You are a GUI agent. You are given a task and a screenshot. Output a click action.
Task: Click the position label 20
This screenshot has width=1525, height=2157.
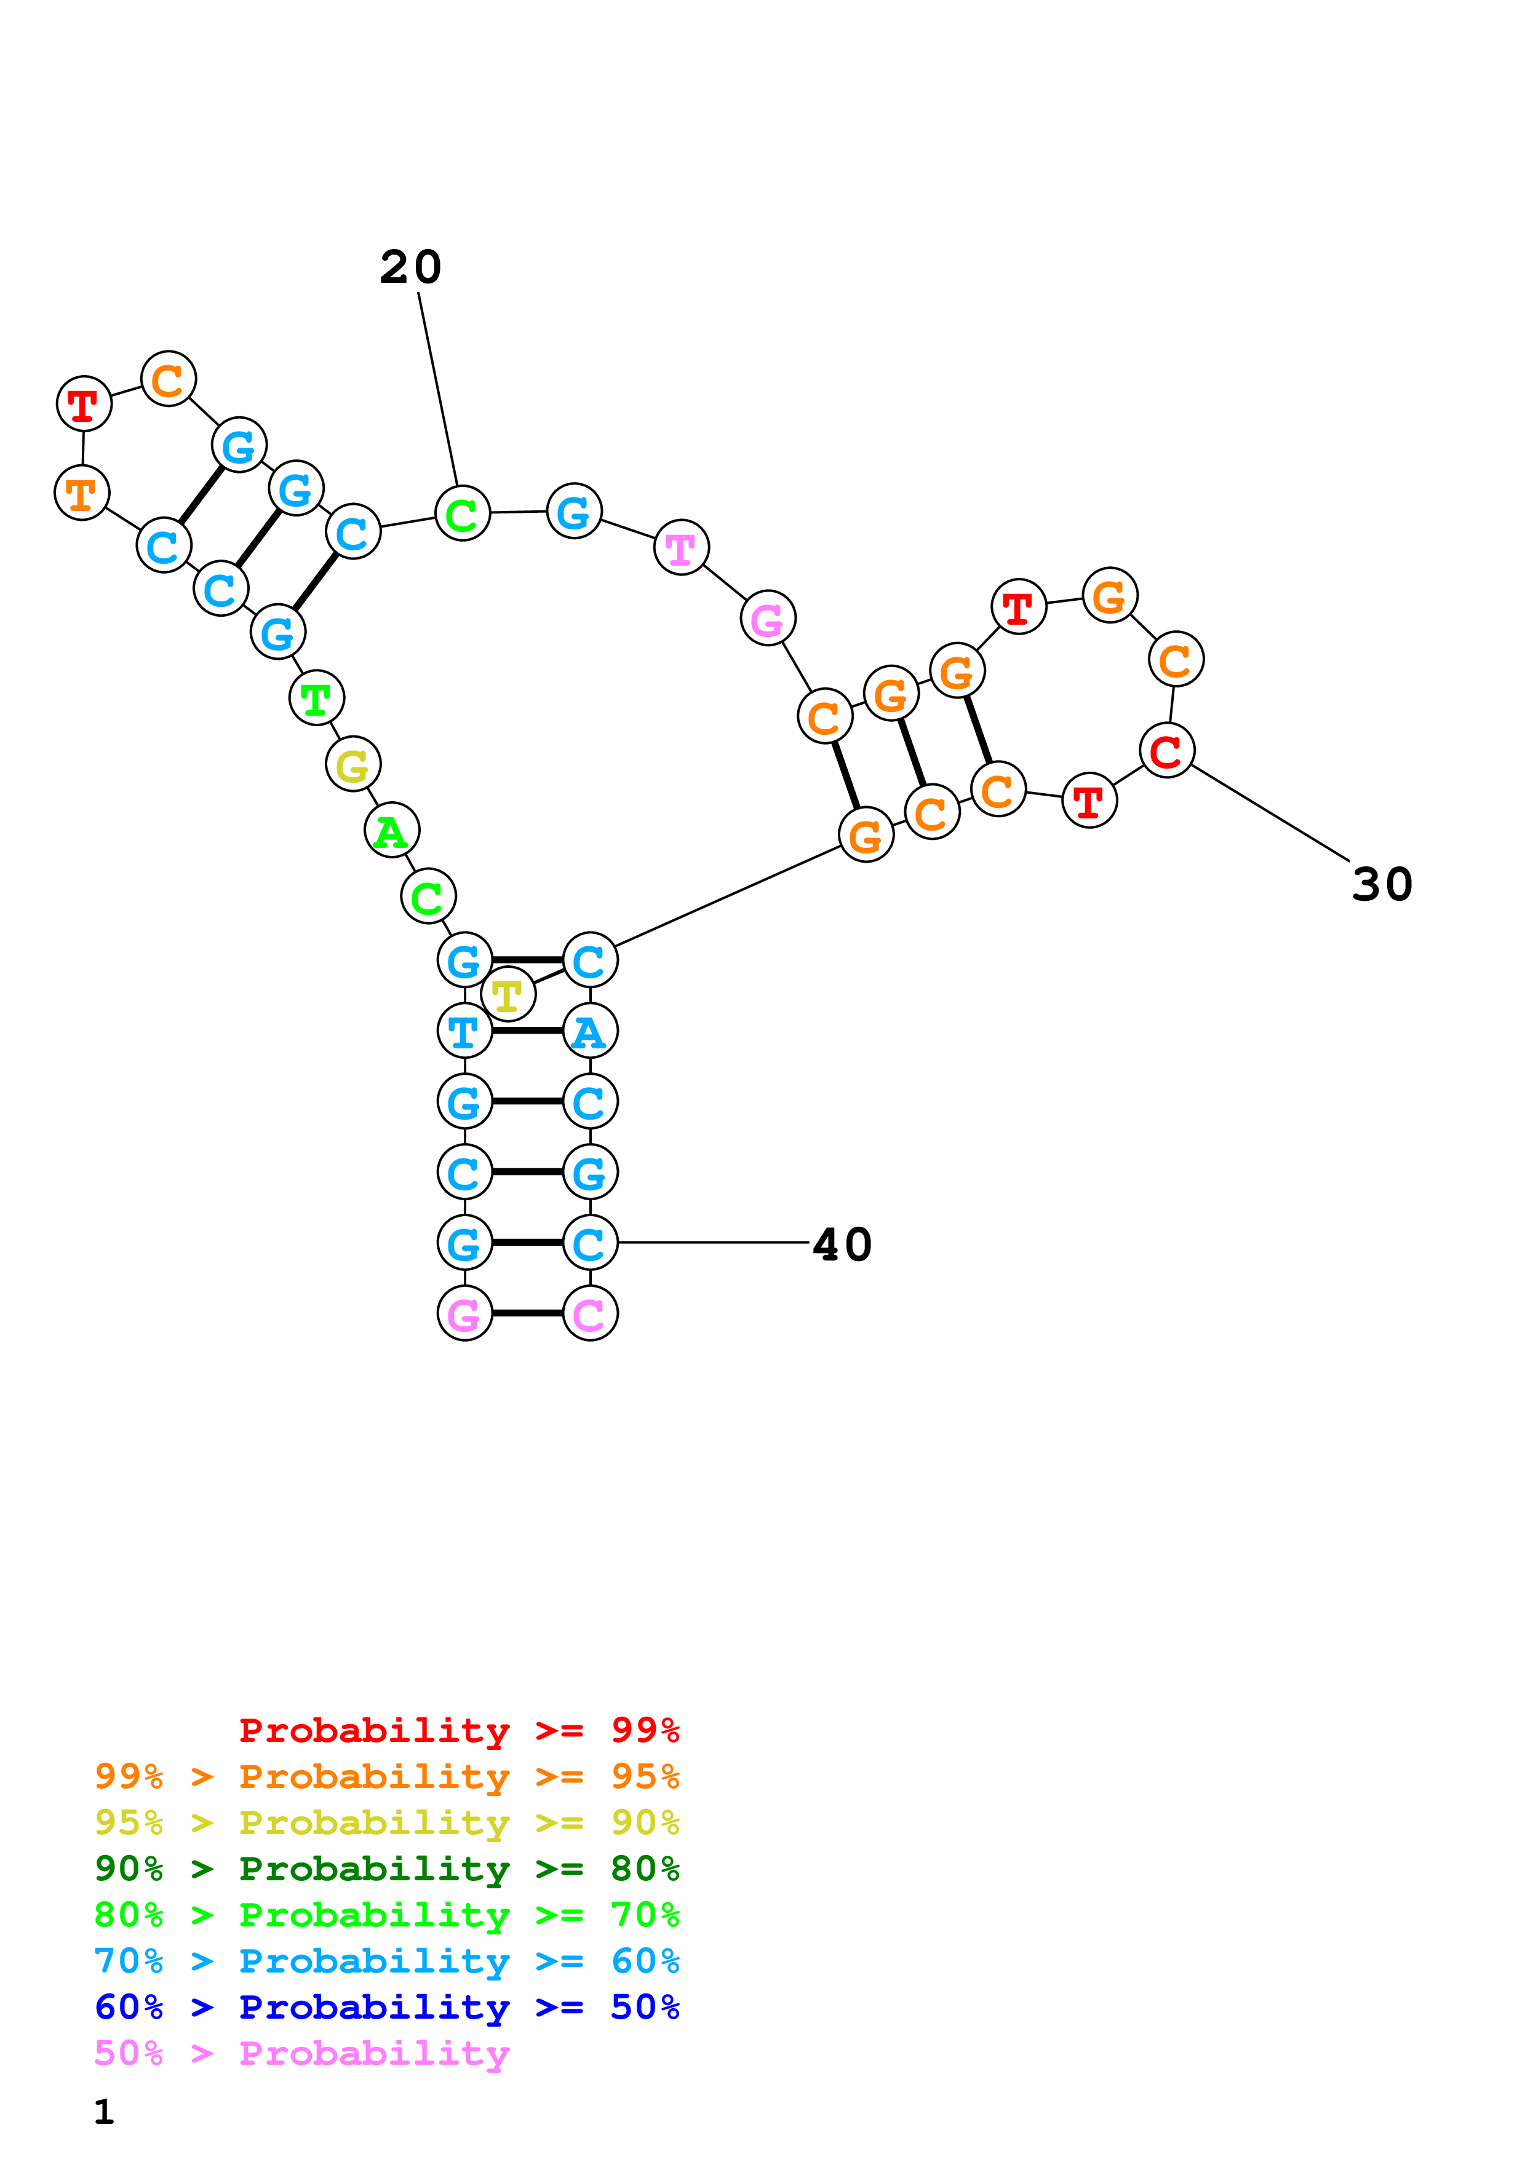(x=410, y=267)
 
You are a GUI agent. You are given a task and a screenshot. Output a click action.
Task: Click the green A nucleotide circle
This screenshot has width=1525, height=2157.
(x=392, y=831)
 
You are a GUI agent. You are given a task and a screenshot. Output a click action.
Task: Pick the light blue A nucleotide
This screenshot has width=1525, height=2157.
(x=590, y=1032)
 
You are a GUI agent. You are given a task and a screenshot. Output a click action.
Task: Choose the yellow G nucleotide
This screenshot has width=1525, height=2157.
(x=353, y=765)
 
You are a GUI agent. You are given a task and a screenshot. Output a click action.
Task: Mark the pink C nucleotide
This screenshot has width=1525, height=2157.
(x=590, y=1313)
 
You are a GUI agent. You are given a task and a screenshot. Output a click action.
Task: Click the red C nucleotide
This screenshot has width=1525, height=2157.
(x=1167, y=751)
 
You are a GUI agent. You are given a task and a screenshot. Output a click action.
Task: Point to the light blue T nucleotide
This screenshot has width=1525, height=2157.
(x=464, y=1032)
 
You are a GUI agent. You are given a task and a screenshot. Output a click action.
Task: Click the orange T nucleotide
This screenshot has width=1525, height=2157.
(x=82, y=493)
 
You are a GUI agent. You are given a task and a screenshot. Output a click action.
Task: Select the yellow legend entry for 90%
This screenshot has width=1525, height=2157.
(x=386, y=1823)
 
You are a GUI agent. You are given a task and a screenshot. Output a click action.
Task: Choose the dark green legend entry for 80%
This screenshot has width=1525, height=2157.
(x=386, y=1869)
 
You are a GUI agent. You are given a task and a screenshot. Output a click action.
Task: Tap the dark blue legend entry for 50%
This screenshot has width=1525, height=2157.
(x=386, y=2007)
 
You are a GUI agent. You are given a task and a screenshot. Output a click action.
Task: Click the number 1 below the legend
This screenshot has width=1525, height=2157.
(x=105, y=2111)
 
